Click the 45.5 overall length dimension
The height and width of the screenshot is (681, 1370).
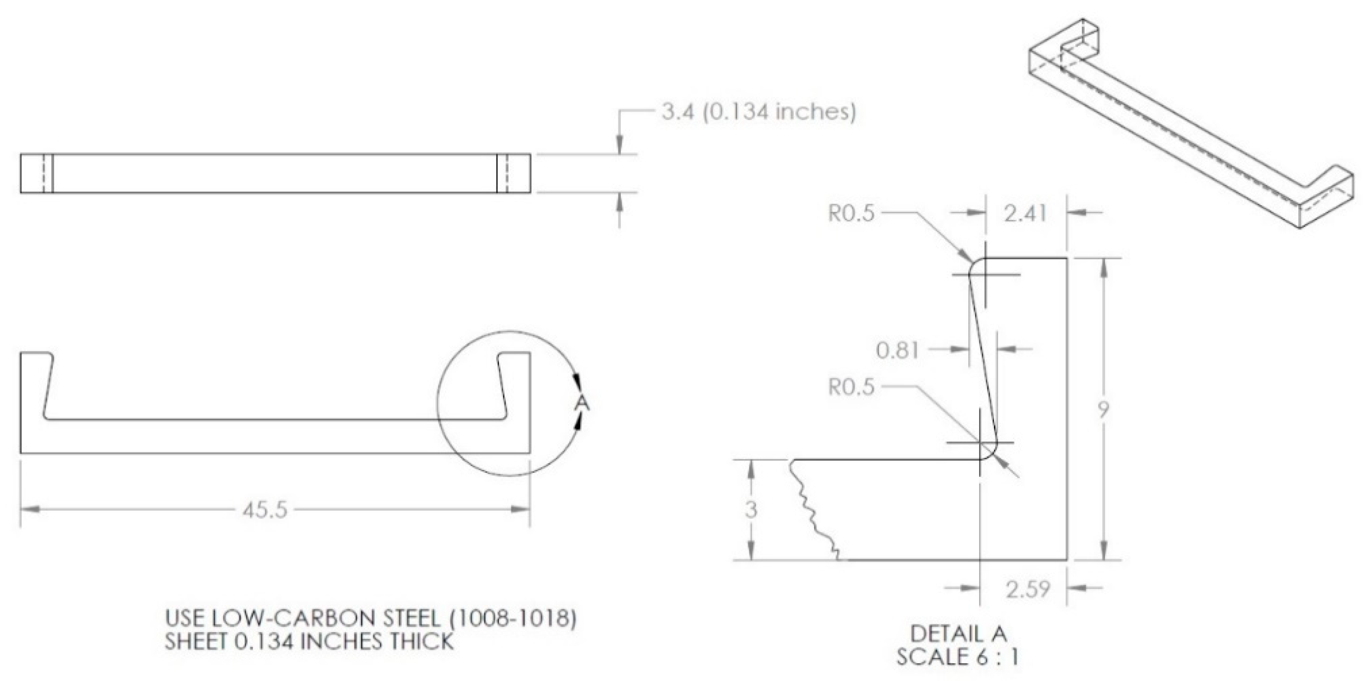(x=265, y=510)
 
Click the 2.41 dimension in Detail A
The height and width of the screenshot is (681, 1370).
(x=1025, y=213)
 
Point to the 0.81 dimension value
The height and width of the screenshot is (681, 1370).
(x=898, y=351)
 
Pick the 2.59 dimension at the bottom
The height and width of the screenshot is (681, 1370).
(x=1028, y=589)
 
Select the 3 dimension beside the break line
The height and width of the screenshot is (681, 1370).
(x=750, y=510)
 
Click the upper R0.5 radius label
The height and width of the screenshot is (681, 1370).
(x=851, y=213)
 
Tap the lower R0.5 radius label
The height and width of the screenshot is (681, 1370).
(x=851, y=387)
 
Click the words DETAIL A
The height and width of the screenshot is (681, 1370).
(x=958, y=634)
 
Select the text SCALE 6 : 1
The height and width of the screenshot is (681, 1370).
(x=957, y=657)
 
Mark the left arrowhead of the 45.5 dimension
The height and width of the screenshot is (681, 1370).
(x=29, y=510)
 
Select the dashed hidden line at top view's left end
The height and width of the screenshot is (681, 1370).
(x=44, y=173)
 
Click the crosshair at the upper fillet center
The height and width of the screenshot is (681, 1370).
(x=986, y=275)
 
